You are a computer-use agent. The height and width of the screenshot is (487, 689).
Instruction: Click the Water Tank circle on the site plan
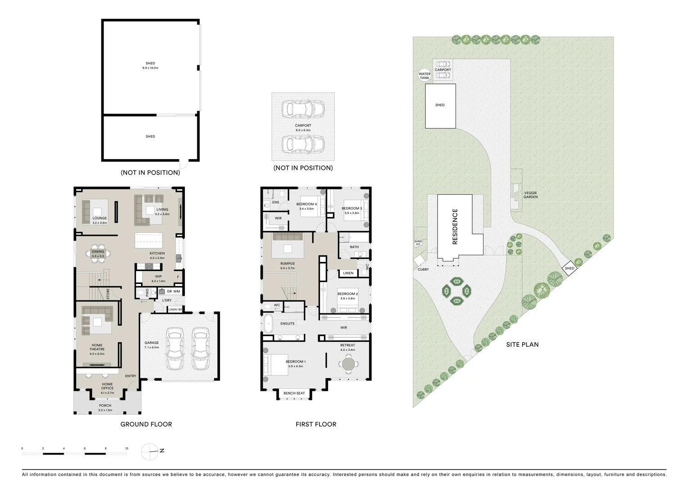[424, 76]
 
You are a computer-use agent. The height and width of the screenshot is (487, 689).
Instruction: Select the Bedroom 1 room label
[296, 362]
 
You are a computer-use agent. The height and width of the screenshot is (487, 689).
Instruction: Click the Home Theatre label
[97, 347]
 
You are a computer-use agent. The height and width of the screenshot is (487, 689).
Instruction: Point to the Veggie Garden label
[530, 195]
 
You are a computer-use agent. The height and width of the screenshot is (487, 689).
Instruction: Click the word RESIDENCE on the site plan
[455, 226]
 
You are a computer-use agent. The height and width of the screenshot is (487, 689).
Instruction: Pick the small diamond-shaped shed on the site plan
[570, 268]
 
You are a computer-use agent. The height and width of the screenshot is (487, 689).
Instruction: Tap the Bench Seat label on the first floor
[294, 393]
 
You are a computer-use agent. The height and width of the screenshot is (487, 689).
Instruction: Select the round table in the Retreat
[348, 363]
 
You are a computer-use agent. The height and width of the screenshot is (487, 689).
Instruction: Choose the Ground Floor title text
[146, 424]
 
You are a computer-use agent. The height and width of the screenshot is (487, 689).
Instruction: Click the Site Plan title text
[522, 345]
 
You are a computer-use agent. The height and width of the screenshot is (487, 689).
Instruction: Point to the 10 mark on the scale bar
[127, 449]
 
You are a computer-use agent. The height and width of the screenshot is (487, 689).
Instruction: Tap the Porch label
[105, 405]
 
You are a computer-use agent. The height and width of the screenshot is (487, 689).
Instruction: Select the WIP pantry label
[158, 276]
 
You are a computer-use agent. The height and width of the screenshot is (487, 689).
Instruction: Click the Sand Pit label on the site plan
[418, 243]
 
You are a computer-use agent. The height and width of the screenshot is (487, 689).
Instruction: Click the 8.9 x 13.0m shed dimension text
[150, 68]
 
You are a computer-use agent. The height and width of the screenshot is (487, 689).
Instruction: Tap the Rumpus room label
[287, 263]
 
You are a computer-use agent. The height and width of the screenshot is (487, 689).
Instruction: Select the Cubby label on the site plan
[423, 269]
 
